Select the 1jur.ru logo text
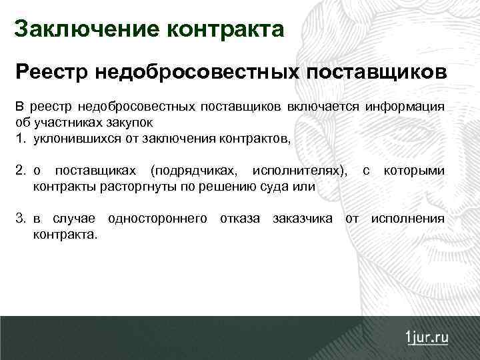(426, 337)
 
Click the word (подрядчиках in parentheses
(193, 171)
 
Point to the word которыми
(414, 171)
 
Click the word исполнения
(407, 219)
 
